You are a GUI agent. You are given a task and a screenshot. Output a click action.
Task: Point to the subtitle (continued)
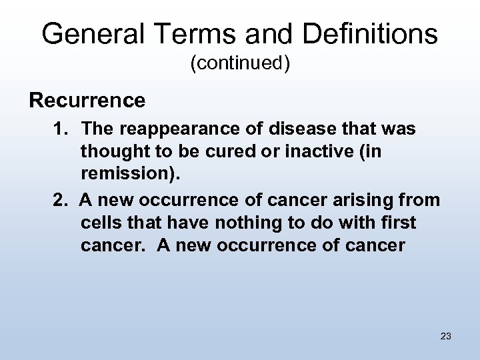[240, 64]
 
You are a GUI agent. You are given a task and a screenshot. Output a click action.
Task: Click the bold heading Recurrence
[87, 101]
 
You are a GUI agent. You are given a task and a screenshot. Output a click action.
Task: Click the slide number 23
[446, 336]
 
